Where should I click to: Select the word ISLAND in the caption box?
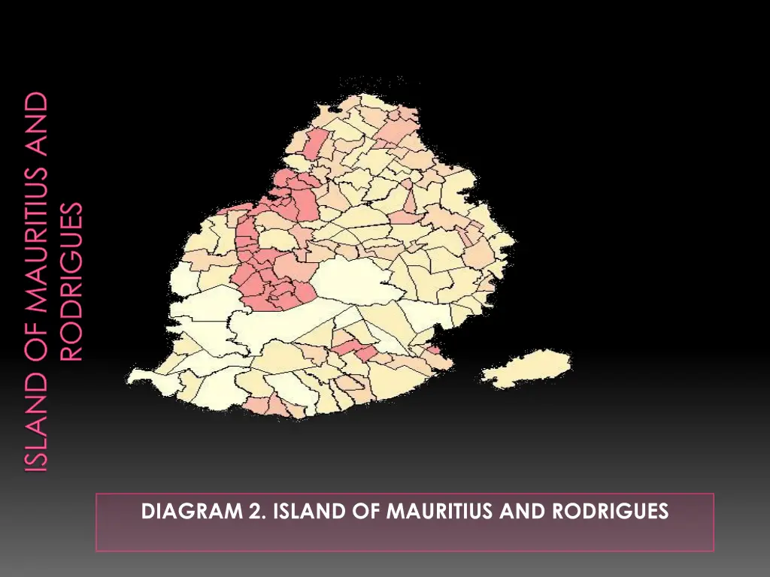point(290,512)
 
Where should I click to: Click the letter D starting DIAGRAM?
point(149,512)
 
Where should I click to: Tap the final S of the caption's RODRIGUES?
point(662,512)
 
